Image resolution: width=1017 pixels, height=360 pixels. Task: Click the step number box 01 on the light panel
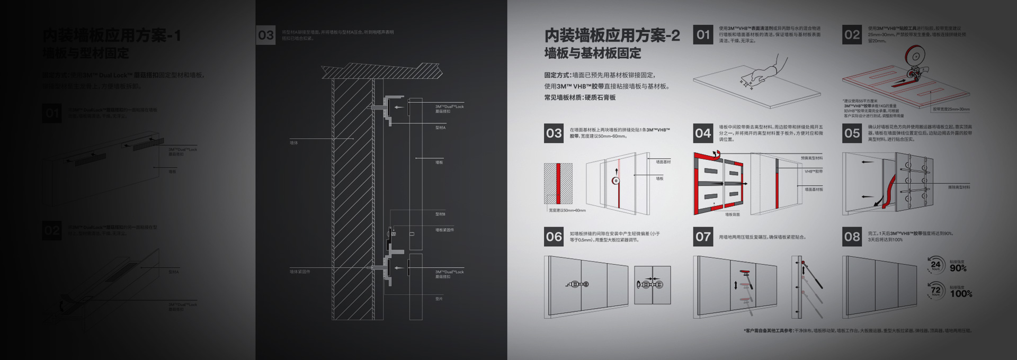[x=703, y=34]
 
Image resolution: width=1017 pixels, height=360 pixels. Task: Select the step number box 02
[x=852, y=34]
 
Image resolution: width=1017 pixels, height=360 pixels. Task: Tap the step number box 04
[x=703, y=133]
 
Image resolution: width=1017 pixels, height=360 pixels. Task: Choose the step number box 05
[x=852, y=133]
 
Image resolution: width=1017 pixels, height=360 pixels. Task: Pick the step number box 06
[x=554, y=237]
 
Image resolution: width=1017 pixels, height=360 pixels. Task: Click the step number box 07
[x=703, y=237]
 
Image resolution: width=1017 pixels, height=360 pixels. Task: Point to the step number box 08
[x=852, y=237]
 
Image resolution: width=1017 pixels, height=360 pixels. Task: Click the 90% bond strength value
[x=958, y=268]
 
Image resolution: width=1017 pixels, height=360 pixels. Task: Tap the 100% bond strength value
[x=961, y=294]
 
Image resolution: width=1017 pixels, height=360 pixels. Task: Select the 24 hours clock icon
[x=935, y=265]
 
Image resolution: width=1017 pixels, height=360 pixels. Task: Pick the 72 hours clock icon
[x=935, y=290]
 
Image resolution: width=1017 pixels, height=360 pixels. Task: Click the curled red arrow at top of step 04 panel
[x=716, y=154]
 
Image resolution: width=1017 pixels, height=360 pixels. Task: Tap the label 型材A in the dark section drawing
[x=440, y=128]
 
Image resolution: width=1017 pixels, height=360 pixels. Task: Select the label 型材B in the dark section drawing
[x=440, y=214]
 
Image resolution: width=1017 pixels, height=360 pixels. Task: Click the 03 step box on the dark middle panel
[x=265, y=35]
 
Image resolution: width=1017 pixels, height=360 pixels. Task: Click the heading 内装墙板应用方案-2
[x=612, y=35]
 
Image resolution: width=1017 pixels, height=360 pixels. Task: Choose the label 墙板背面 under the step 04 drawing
[x=732, y=214]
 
